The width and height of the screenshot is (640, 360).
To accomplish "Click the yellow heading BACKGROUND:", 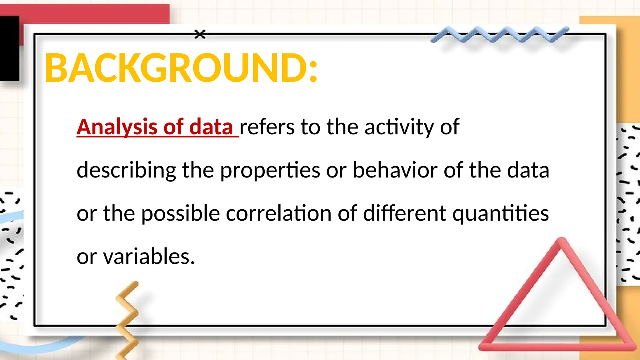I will tap(181, 68).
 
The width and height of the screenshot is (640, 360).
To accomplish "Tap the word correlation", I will tap(278, 213).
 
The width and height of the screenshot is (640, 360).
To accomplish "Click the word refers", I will tap(267, 127).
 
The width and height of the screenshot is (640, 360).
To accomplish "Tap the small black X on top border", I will tap(200, 34).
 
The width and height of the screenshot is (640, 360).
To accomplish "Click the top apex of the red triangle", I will tap(562, 241).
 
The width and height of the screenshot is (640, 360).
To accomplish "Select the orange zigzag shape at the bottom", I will tap(128, 319).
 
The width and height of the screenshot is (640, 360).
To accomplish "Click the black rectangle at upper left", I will tap(9, 48).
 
